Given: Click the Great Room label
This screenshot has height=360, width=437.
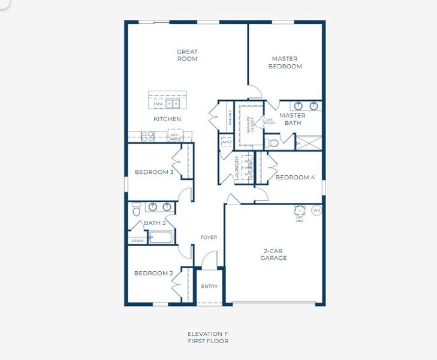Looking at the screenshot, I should point(187,55).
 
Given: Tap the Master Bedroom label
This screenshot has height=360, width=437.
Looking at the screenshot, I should point(285,62).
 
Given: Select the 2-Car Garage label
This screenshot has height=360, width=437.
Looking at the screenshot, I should point(273,254).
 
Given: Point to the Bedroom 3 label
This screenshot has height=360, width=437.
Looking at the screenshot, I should point(153,172).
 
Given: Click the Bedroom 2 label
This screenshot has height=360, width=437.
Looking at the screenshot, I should point(153,273).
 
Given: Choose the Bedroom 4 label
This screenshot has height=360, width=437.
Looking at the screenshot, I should point(295,177).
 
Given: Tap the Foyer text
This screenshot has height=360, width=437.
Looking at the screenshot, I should point(209,238).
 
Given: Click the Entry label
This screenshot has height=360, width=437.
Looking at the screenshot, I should point(209,286).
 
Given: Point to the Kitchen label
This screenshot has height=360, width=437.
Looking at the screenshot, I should point(167,119).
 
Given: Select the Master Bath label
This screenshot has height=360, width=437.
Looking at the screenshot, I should point(293,119).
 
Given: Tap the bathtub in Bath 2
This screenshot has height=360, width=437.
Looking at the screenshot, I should point(161,238).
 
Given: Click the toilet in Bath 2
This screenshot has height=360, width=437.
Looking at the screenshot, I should point(137,211).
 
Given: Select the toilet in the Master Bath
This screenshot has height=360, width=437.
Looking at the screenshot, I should point(273,143).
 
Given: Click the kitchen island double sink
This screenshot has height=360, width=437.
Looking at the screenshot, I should point(173,103).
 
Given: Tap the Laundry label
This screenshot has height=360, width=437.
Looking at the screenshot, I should point(237,169).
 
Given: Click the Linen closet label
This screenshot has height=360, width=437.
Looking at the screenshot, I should point(137,241).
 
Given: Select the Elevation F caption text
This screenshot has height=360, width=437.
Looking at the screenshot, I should point(207,334).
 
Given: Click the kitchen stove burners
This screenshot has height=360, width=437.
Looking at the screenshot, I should point(147,136).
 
